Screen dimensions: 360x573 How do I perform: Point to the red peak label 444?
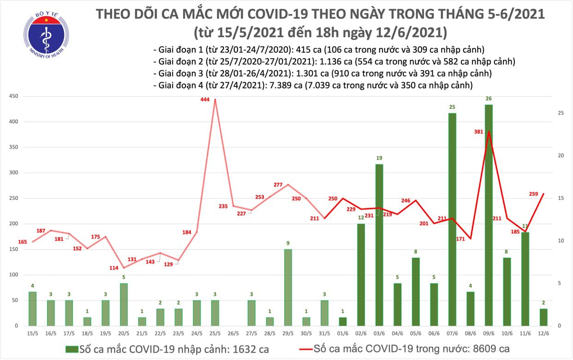click(206, 99)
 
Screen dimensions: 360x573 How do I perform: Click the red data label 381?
click(478, 132)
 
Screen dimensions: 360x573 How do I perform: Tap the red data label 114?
click(113, 268)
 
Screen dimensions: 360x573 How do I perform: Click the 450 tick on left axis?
click(14, 96)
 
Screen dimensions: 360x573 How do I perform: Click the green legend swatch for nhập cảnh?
click(72, 348)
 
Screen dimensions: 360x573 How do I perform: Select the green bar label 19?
click(379, 158)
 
